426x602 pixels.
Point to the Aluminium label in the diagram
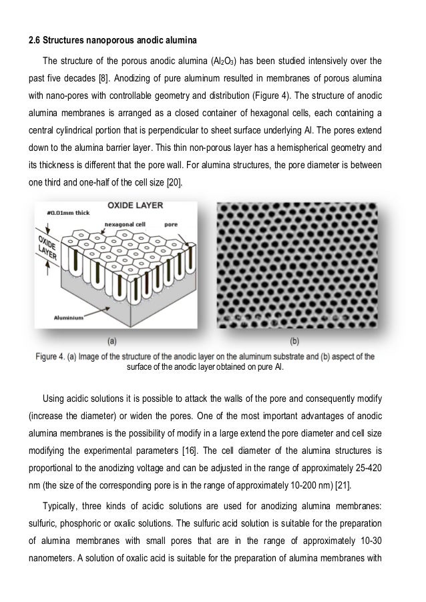69,318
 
